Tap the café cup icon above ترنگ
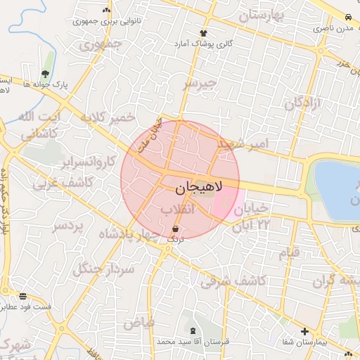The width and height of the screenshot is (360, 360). (x=175, y=229)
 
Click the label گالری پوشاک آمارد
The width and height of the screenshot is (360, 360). (x=204, y=44)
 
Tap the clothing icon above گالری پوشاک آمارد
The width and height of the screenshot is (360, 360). (x=204, y=33)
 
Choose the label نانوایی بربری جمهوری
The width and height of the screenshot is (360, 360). (x=106, y=21)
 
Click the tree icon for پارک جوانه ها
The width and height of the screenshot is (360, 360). (x=45, y=74)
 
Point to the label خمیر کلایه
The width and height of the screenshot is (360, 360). (x=107, y=117)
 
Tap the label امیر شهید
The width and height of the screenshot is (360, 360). (x=243, y=143)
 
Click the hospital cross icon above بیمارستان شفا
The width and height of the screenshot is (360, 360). (x=304, y=331)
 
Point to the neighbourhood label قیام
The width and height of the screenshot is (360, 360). (x=289, y=251)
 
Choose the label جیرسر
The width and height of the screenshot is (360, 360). (x=197, y=84)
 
